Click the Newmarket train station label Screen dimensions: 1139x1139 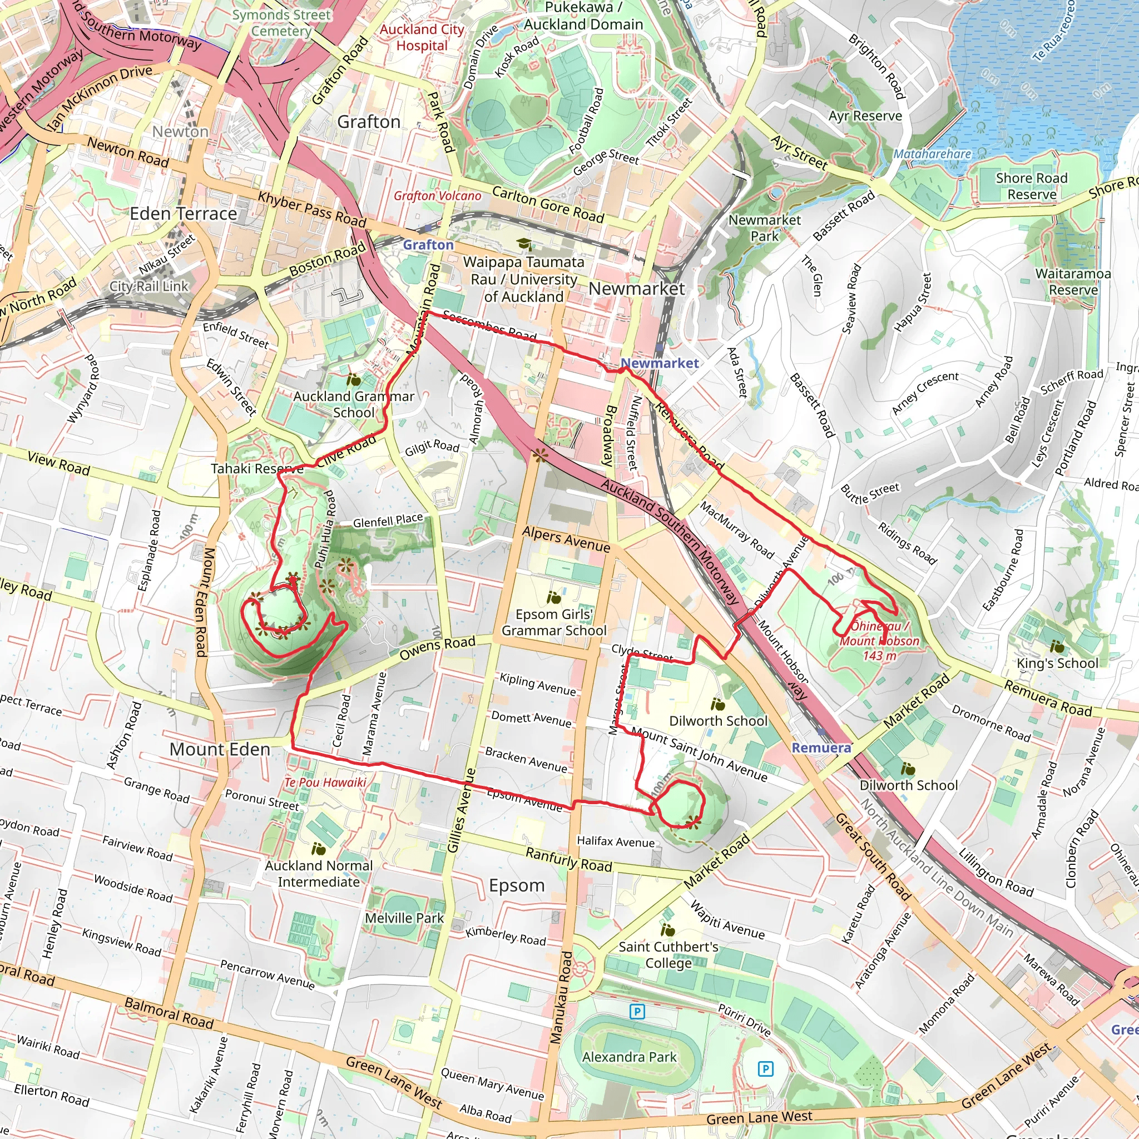659,363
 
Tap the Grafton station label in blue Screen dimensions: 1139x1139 428,245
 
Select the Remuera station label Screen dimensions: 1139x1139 821,747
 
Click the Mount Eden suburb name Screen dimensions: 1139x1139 219,749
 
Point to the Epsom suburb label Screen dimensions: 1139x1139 517,885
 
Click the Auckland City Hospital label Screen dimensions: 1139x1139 422,37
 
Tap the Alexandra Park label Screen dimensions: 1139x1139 629,1057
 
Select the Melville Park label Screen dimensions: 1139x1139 404,918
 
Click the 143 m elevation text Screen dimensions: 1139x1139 879,656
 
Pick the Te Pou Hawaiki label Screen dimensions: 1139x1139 325,783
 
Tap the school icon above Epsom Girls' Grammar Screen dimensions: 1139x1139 553,598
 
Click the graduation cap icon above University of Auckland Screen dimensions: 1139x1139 523,244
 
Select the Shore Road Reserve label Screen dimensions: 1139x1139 1032,186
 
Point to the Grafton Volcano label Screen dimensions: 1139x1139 438,196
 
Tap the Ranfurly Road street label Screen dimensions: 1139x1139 568,860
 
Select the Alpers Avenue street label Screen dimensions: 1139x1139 566,539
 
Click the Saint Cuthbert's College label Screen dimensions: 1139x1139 668,954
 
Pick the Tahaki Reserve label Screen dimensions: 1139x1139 257,469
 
